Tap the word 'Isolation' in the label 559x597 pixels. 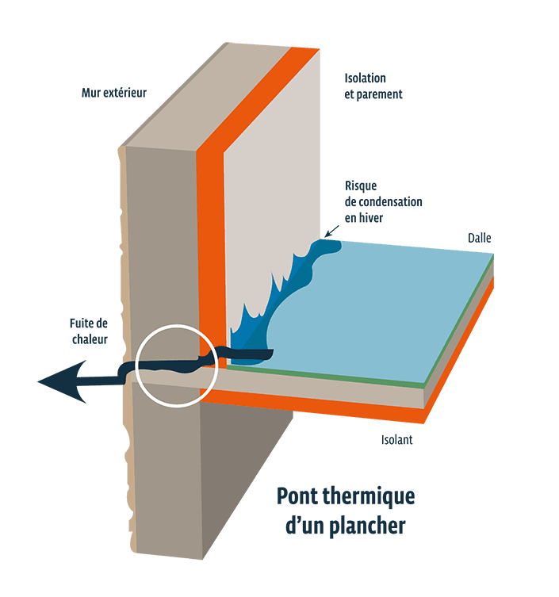365,78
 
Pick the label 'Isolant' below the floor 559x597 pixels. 396,440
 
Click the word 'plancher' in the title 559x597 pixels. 366,525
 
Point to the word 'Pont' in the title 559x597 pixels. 295,498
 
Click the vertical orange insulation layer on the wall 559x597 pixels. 208,238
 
